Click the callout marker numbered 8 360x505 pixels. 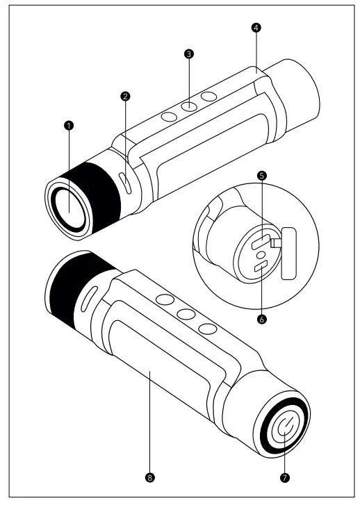(x=150, y=478)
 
